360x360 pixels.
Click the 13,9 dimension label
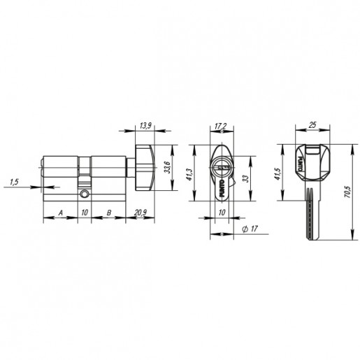click(x=145, y=126)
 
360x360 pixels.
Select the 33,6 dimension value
click(x=167, y=167)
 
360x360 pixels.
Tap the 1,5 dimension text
click(x=14, y=182)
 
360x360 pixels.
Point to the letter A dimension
click(x=61, y=213)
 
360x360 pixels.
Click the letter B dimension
click(x=109, y=213)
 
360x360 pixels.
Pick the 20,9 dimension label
click(x=141, y=213)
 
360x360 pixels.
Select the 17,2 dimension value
click(x=220, y=127)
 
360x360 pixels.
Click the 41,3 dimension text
click(x=189, y=174)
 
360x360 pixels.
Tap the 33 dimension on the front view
click(x=246, y=178)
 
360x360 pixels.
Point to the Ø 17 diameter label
click(x=250, y=229)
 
